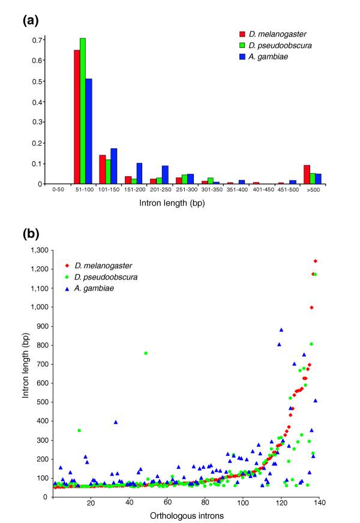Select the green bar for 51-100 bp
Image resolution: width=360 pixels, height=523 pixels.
click(x=83, y=111)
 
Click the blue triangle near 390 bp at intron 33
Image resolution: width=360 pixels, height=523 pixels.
click(x=116, y=422)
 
